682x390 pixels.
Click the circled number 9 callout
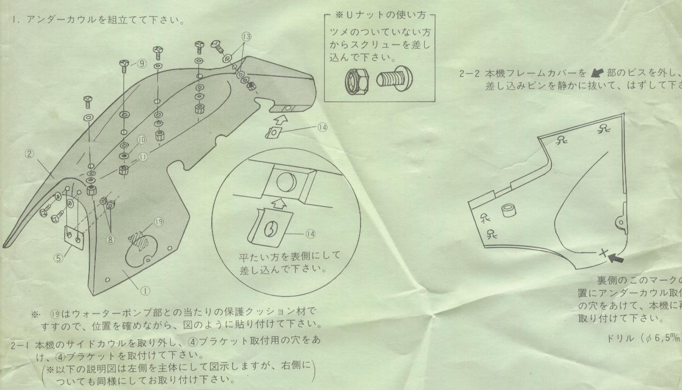(142, 64)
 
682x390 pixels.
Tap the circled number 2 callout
(30, 154)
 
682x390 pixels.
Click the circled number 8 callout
(111, 239)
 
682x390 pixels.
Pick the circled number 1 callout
(144, 291)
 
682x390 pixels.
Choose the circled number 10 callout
(141, 140)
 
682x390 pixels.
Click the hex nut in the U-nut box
(355, 81)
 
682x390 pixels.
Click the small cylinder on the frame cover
(509, 212)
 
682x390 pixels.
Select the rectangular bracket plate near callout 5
(74, 238)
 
